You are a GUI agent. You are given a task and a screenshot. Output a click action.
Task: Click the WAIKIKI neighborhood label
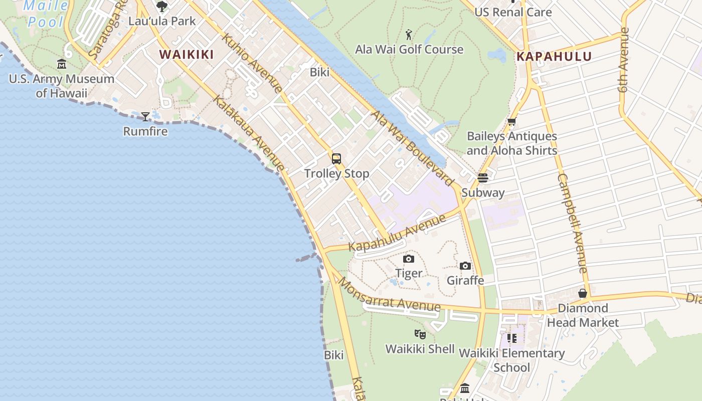click(187, 55)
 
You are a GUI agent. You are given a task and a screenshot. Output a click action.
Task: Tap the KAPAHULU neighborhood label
click(554, 57)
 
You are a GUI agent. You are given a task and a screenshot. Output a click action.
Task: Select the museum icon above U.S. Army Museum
click(62, 64)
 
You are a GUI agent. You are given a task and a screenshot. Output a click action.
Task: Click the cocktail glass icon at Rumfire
click(145, 117)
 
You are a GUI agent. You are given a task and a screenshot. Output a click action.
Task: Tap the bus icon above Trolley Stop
click(336, 159)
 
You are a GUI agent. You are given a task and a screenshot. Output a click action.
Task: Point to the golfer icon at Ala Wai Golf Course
click(409, 35)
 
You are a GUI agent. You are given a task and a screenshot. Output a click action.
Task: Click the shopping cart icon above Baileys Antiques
click(512, 122)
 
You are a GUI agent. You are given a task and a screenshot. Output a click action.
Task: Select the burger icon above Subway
click(483, 178)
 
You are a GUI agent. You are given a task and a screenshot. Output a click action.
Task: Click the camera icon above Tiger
click(409, 259)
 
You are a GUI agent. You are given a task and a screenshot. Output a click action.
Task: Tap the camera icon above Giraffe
click(465, 266)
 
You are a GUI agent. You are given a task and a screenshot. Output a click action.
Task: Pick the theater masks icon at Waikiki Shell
click(420, 334)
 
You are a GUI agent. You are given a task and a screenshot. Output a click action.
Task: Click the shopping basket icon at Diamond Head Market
click(583, 293)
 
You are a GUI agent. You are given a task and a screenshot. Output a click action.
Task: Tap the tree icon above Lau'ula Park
click(162, 7)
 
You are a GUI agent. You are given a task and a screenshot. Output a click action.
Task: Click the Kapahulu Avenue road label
click(397, 234)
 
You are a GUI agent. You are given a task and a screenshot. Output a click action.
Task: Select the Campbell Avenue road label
click(572, 223)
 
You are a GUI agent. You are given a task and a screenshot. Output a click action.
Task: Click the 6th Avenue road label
click(623, 60)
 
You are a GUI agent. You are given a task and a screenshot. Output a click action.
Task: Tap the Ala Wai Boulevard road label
click(412, 148)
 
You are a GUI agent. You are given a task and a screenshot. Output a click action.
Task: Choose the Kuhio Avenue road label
click(252, 63)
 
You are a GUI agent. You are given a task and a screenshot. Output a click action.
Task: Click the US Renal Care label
click(513, 13)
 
